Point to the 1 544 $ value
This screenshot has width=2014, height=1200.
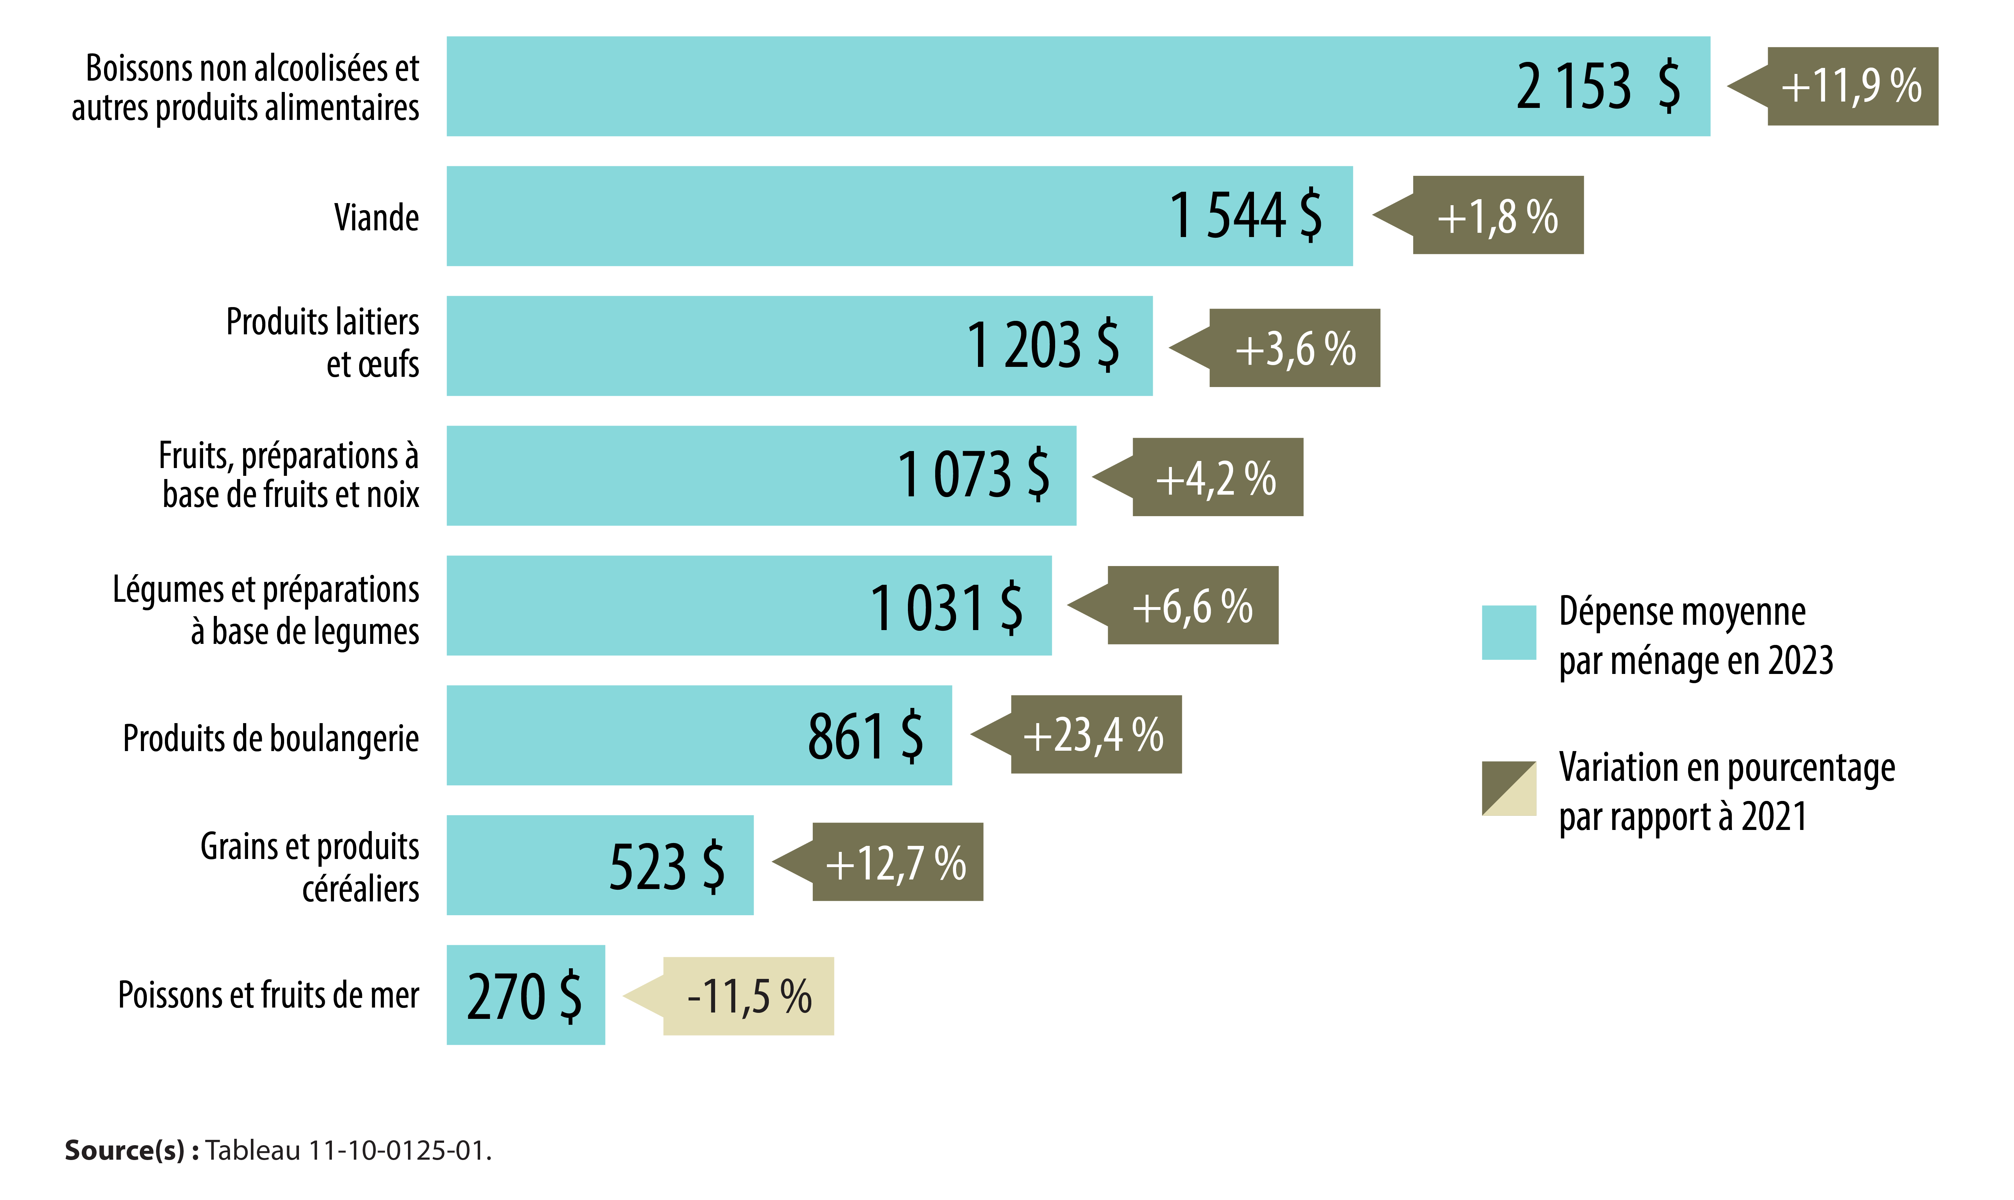1245,216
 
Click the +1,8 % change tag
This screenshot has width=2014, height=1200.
1497,216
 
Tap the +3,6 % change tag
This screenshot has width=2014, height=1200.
1294,348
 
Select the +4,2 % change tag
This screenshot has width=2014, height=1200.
1217,478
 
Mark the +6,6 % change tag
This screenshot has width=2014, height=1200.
1192,606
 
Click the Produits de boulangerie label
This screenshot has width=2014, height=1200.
271,738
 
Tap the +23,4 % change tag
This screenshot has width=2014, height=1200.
1095,735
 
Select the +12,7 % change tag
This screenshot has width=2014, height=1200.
897,863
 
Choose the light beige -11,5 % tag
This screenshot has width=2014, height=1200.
748,996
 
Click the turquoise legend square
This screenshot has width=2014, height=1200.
1509,632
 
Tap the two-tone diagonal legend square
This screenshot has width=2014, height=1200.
1509,789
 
